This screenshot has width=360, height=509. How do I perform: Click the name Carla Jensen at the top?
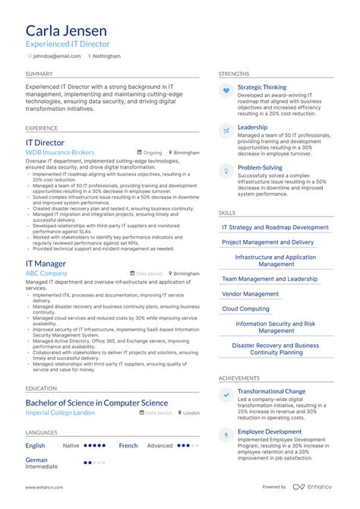click(67, 31)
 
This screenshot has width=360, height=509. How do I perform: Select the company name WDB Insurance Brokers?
click(60, 153)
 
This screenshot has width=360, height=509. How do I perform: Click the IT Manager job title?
click(46, 264)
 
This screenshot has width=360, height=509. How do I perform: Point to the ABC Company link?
click(46, 273)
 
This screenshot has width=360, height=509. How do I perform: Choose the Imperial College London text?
click(60, 413)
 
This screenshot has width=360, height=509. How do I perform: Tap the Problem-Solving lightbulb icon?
click(226, 171)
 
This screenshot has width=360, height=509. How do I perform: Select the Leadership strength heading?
click(252, 128)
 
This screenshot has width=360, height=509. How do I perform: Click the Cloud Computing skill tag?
click(245, 309)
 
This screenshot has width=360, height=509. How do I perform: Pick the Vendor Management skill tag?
click(250, 294)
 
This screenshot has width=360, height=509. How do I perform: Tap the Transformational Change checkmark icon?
click(226, 395)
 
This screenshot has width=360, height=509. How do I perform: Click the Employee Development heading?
click(270, 432)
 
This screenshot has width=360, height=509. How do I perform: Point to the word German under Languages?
click(36, 460)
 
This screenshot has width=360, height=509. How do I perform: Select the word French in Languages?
click(128, 446)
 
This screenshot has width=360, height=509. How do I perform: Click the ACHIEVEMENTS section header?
click(239, 378)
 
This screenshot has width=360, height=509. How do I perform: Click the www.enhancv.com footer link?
click(44, 487)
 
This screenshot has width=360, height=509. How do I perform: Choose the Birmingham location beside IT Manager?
click(186, 273)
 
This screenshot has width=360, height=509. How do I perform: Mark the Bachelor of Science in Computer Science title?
click(96, 403)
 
